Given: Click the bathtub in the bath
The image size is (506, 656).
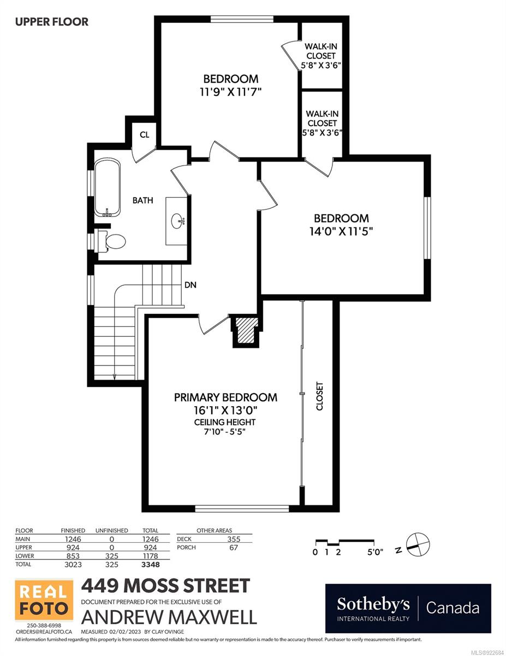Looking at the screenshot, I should [x=108, y=188].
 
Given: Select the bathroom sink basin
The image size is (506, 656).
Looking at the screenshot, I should [x=177, y=221].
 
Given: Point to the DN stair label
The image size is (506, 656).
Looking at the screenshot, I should [x=191, y=285].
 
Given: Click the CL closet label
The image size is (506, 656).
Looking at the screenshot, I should [x=144, y=134].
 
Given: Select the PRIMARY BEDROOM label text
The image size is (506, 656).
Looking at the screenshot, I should [x=225, y=397].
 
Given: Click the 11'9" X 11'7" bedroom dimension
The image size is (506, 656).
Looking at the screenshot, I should [x=230, y=92].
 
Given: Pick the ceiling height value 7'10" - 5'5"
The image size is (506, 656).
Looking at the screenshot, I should [x=225, y=432].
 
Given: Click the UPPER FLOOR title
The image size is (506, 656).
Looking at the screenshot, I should [x=51, y=22].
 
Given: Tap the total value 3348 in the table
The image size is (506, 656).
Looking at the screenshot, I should [x=150, y=564].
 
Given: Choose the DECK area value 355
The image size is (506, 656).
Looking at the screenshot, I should [x=233, y=539].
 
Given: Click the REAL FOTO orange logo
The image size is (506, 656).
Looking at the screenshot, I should [x=44, y=600].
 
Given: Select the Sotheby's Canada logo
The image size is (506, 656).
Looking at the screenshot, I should [x=408, y=608].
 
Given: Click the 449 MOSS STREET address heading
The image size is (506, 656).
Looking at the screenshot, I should [x=165, y=586].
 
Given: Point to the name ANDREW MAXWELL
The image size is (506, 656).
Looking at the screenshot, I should [x=169, y=617].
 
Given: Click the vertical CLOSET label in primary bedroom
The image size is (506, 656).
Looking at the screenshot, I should [x=320, y=396].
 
